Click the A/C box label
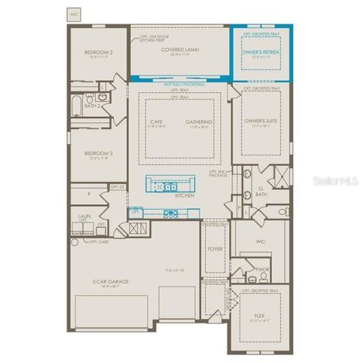[74, 14]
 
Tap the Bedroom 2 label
[99, 52]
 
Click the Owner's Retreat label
[261, 51]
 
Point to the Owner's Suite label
[260, 121]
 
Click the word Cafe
[157, 121]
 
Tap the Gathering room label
[200, 121]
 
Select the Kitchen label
[185, 195]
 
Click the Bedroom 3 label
[99, 153]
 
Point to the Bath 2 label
[93, 106]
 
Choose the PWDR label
[262, 268]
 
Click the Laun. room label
[84, 215]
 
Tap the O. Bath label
[261, 193]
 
